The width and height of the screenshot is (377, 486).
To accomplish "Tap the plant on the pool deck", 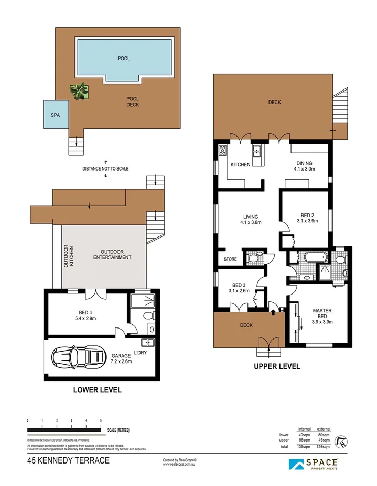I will coord(79,91).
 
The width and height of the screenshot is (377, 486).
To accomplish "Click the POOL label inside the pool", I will coord(124,59).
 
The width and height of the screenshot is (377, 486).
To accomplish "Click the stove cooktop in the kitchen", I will coord(222,151).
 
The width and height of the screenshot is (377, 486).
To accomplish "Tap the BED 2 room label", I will coord(307,218).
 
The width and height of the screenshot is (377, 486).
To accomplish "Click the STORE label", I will coord(230,259).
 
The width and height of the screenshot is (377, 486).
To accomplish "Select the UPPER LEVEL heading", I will coord(277,366).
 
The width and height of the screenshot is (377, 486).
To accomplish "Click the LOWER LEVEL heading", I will coord(97,390).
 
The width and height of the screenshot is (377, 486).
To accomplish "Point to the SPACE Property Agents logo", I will coord(313,464).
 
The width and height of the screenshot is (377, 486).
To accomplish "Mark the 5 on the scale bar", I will coord(101,420).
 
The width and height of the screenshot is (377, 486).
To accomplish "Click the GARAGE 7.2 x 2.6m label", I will coord(121,359).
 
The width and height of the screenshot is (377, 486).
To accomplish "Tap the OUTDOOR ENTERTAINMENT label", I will coord(112,254).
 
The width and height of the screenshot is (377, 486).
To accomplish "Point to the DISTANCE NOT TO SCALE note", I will coord(105,169).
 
